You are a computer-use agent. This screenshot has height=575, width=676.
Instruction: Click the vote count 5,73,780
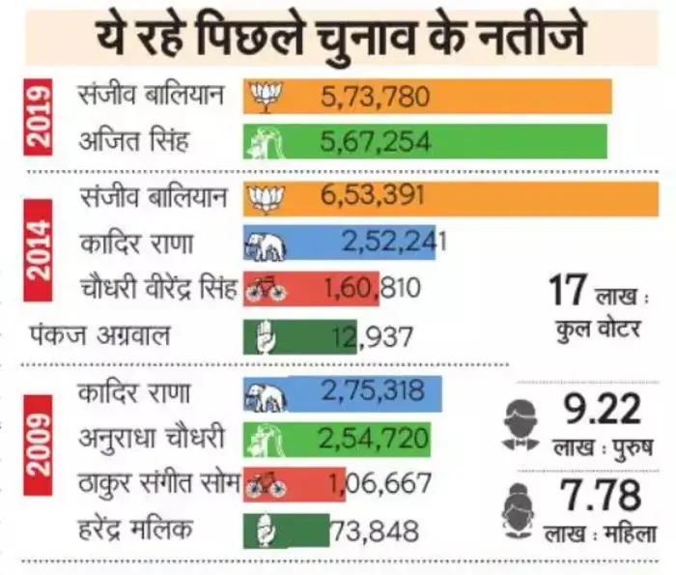coord(373,97)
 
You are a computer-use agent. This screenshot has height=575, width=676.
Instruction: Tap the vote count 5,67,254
coord(373,144)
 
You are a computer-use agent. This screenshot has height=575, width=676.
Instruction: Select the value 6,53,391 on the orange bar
coord(373,199)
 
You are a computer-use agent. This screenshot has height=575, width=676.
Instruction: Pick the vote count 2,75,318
coord(373,394)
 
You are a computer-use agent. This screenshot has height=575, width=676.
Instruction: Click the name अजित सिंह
coord(133,144)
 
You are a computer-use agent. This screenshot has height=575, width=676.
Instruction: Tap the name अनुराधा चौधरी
coord(150,440)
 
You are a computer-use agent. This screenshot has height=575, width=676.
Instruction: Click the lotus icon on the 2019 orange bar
coord(264,96)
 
